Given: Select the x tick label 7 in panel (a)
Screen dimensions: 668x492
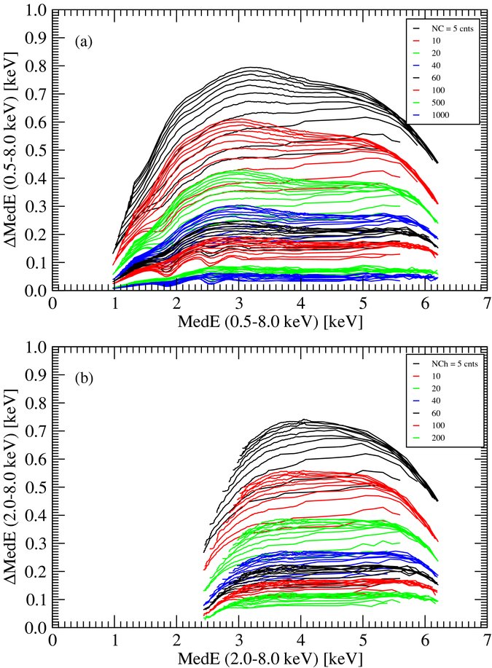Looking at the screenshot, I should tap(486, 302).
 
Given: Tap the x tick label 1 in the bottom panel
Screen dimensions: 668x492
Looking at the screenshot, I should tap(114, 638).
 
